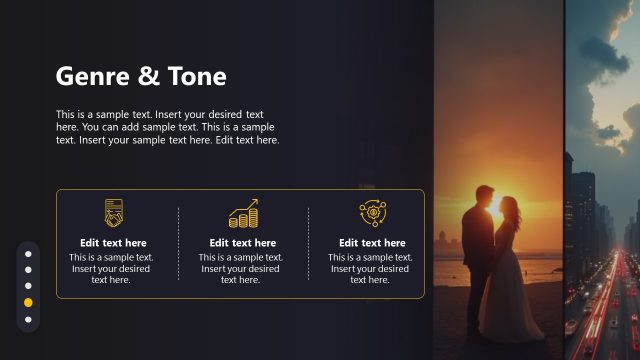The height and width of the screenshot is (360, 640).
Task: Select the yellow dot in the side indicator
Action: coord(28,302)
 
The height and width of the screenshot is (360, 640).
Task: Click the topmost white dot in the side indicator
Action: coord(28,252)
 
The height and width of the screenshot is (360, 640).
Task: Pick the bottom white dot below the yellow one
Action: coord(28,320)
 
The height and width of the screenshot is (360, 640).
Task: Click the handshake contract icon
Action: coord(113,213)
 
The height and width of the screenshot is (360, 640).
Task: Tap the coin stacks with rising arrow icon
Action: coord(243,213)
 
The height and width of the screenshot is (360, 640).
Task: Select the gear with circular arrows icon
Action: coord(372,213)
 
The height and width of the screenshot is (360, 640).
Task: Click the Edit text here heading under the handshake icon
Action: coord(113,243)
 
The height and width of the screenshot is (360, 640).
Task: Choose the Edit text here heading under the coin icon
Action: coord(243,243)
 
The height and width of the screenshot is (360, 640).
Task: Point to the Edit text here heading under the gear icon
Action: coord(372,243)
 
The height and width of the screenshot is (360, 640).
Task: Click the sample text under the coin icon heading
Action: coord(243,269)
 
